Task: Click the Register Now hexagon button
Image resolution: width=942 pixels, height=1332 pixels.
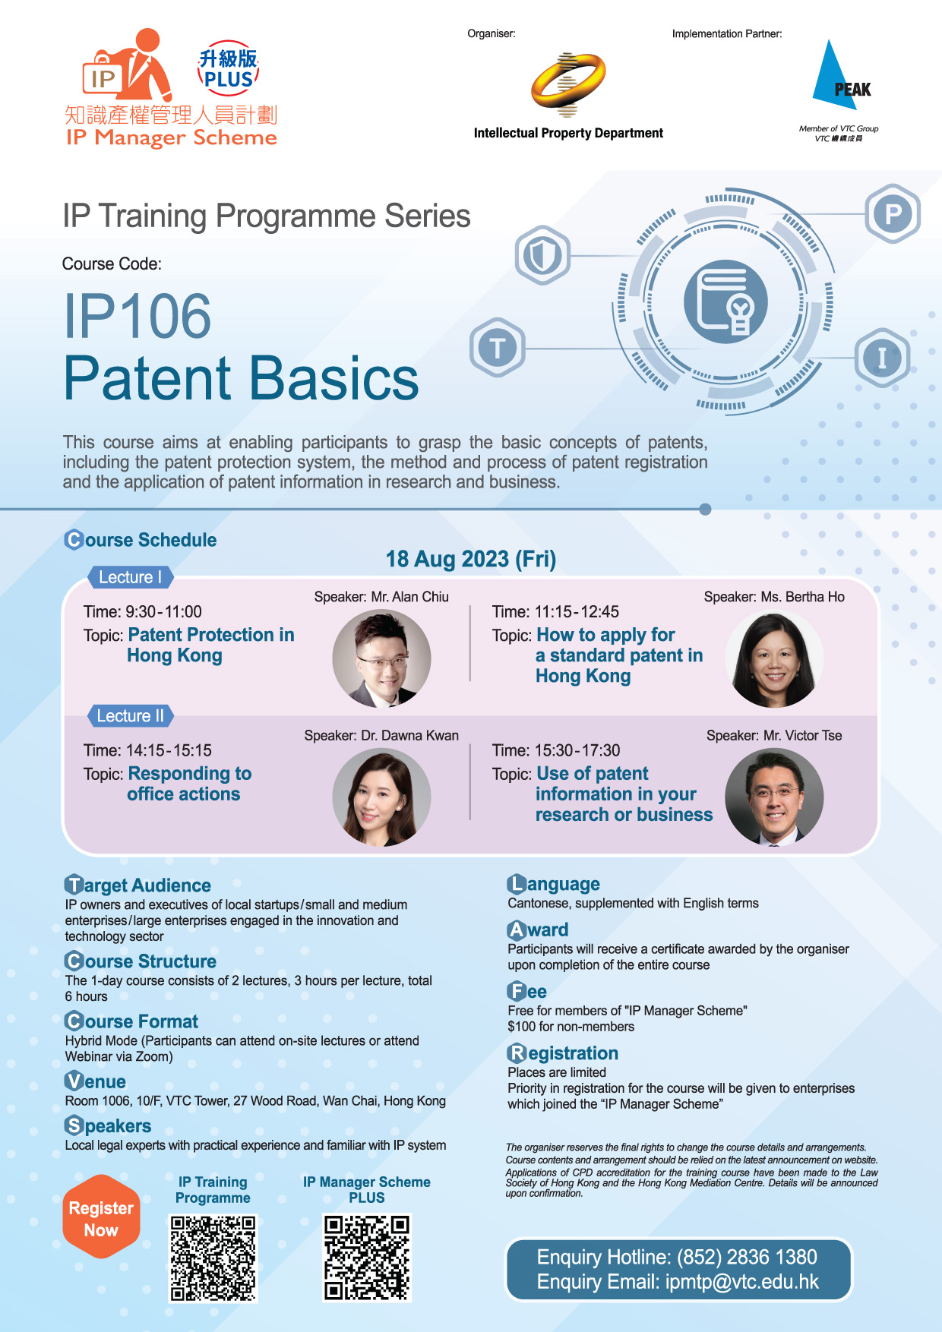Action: click(x=101, y=1218)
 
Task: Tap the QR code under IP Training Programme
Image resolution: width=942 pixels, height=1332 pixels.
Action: click(x=213, y=1258)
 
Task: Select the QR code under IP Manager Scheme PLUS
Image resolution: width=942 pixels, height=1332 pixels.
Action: click(x=367, y=1258)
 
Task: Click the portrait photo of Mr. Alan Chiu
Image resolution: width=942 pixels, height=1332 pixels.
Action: click(x=381, y=658)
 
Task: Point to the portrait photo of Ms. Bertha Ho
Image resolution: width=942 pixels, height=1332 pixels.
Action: click(x=774, y=658)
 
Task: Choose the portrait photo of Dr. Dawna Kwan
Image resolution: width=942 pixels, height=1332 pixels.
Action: click(x=381, y=797)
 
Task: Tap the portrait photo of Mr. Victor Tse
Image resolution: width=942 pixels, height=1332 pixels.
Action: click(x=774, y=797)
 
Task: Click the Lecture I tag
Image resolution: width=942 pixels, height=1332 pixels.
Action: click(x=131, y=577)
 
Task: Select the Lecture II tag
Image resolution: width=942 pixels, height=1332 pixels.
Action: click(x=131, y=716)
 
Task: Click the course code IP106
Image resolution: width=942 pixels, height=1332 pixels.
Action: click(x=138, y=317)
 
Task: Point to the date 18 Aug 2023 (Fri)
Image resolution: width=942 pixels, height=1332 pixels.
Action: click(x=471, y=559)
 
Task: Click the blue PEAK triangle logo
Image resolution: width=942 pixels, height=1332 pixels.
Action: click(x=839, y=76)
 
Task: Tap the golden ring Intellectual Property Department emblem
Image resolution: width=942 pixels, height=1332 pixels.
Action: click(x=568, y=84)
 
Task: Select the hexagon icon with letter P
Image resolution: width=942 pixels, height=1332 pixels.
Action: click(x=893, y=213)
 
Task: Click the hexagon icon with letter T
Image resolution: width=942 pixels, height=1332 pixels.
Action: click(x=498, y=349)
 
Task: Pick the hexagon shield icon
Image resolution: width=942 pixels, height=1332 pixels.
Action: click(x=542, y=255)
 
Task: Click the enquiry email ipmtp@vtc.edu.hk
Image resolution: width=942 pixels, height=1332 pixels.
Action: click(x=742, y=1282)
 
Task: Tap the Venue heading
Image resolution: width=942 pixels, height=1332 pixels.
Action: click(x=96, y=1081)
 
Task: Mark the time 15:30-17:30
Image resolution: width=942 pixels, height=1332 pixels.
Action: click(x=577, y=750)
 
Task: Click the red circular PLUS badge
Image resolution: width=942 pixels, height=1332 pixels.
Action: click(x=228, y=69)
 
